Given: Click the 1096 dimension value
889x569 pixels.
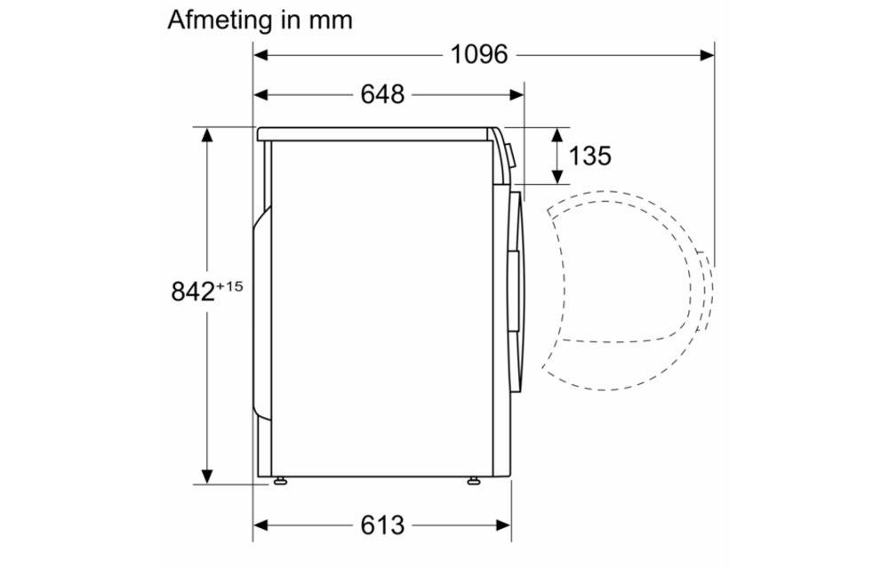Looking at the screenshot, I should coord(478,55).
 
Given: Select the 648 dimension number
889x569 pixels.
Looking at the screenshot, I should coord(382,94).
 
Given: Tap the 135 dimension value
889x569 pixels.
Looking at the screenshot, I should coord(589,156).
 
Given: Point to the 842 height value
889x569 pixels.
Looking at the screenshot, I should coord(192,292).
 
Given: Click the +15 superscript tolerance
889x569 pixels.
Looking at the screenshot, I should coord(228,284).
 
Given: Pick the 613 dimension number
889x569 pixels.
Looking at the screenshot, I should coord(382,525).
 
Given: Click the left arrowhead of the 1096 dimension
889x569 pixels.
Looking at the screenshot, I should coord(260,55).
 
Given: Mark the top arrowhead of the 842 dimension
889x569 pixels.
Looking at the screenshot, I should coord(206,134).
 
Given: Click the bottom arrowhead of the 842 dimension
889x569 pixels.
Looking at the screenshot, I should coord(206,477).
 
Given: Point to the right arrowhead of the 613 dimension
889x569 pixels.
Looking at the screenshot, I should coord(504,525).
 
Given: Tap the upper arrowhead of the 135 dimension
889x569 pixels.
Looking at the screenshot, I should coord(557,134).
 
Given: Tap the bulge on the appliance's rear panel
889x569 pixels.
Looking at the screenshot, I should coord(260,311).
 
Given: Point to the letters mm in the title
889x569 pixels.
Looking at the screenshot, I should coord(329,20).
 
